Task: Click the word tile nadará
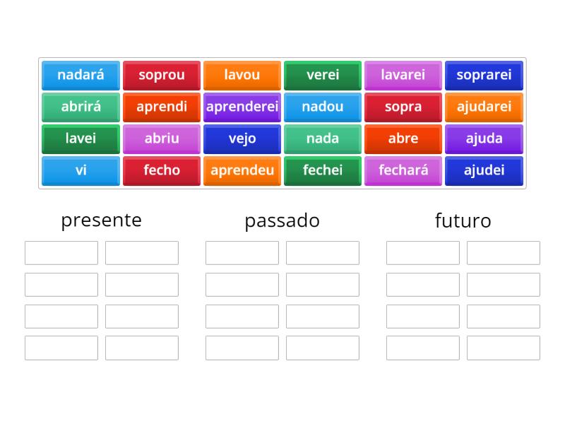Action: coord(81,75)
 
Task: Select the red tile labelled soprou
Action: coord(162,75)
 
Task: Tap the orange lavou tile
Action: coord(242,75)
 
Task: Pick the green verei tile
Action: coord(323,75)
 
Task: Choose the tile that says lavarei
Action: coord(403,75)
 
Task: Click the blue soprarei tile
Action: coord(484,75)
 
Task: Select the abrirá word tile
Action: coord(81,107)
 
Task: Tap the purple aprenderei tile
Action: coord(242,107)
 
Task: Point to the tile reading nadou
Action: coord(323,107)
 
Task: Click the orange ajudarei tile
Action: coord(484,107)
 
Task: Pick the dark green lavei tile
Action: coord(81,139)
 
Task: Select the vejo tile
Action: coord(242,139)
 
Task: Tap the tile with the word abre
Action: coord(403,139)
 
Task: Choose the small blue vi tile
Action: coord(81,170)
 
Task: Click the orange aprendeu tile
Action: coord(242,170)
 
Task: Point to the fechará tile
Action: coord(403,170)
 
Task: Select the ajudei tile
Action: coord(484,170)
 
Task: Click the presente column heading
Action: coord(101,220)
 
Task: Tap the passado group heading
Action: coord(282,220)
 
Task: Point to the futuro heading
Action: coord(463,220)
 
